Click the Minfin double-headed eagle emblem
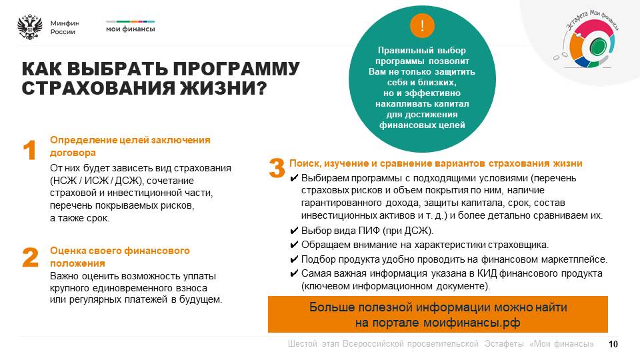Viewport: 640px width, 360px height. pyautogui.click(x=30, y=27)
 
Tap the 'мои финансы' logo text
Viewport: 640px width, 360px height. pyautogui.click(x=131, y=29)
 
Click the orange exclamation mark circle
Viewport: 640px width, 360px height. pyautogui.click(x=422, y=26)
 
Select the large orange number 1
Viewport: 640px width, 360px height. pyautogui.click(x=29, y=150)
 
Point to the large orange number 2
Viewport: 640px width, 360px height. pyautogui.click(x=30, y=257)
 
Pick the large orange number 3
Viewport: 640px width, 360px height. pyautogui.click(x=277, y=168)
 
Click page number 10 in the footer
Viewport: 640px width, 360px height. pyautogui.click(x=613, y=344)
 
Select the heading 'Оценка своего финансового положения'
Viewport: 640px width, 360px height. pyautogui.click(x=119, y=257)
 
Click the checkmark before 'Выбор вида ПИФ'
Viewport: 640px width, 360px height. pyautogui.click(x=294, y=231)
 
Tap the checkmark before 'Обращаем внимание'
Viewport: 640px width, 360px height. pyautogui.click(x=294, y=245)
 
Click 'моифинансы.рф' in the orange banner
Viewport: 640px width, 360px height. pyautogui.click(x=471, y=323)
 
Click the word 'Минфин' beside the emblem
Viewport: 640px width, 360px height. pyautogui.click(x=65, y=23)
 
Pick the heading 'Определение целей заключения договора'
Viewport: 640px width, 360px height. pyautogui.click(x=130, y=146)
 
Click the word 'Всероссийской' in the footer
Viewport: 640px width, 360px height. pyautogui.click(x=410, y=344)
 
